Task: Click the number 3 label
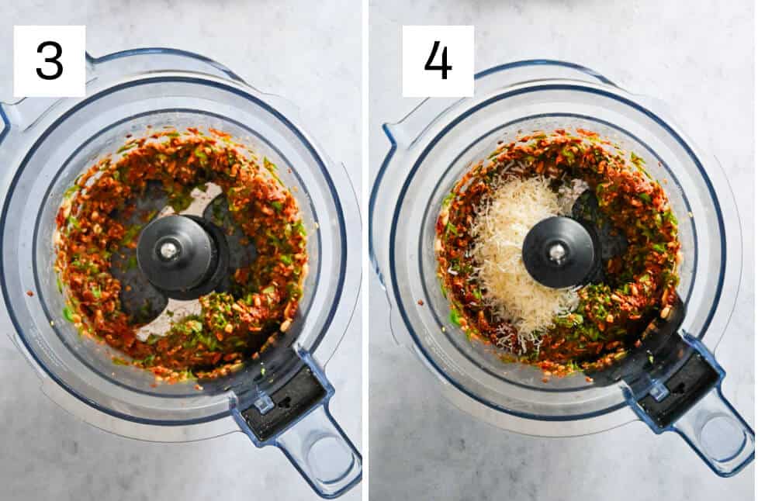pos(49,61)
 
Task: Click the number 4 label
pos(438,61)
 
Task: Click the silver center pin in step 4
pos(556,250)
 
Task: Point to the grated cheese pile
pos(512,256)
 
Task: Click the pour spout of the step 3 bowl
pos(9,116)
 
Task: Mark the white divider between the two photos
pos(365,250)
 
